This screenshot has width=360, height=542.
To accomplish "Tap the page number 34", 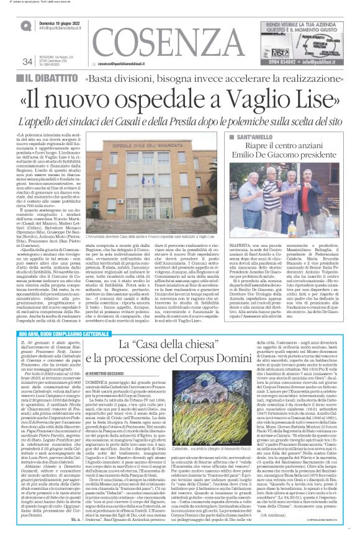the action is [27, 61].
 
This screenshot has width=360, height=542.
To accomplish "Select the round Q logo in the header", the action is [26, 25].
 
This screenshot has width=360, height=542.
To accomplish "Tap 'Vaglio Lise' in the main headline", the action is [278, 97].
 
